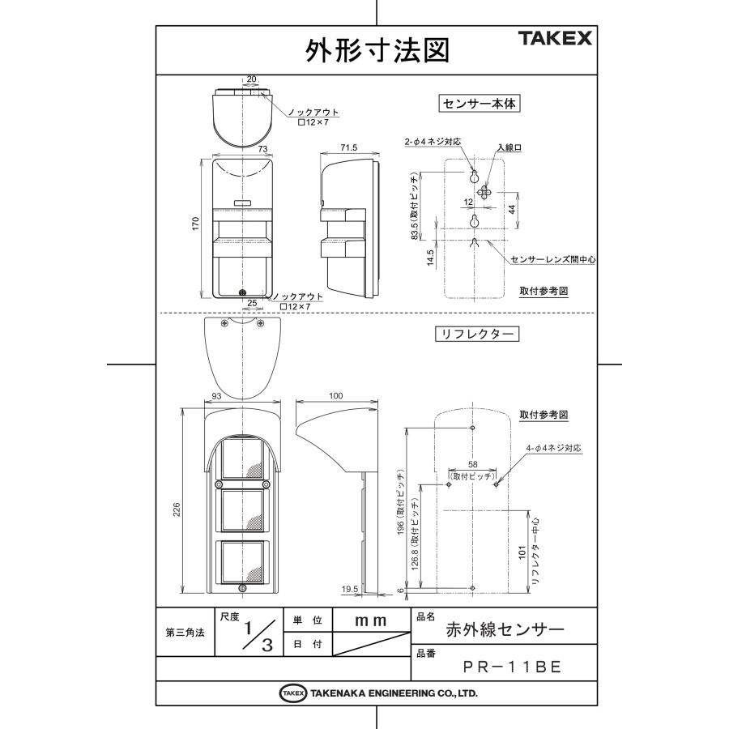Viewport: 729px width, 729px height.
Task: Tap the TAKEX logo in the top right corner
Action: pyautogui.click(x=556, y=39)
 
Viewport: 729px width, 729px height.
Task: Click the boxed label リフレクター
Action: pyautogui.click(x=475, y=333)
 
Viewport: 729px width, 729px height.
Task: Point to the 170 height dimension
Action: pyautogui.click(x=195, y=224)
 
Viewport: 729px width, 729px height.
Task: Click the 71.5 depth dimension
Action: pyautogui.click(x=348, y=149)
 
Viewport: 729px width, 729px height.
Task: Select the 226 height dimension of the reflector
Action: pyautogui.click(x=177, y=508)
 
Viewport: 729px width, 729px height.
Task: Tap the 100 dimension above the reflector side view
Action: pyautogui.click(x=336, y=396)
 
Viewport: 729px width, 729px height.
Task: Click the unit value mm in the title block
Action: pyautogui.click(x=370, y=620)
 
